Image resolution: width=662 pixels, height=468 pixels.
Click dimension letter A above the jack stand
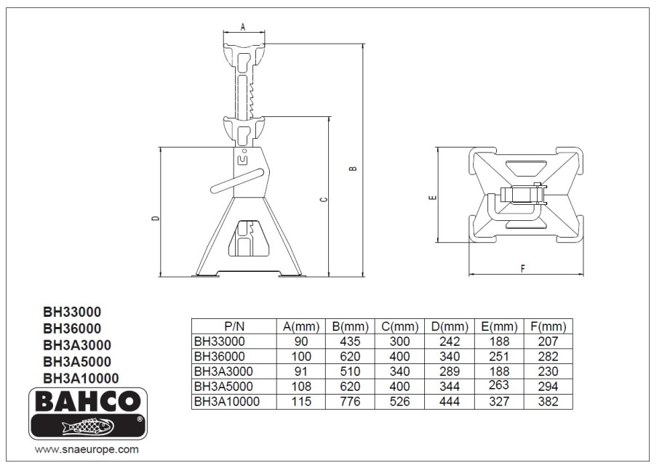pos(243,27)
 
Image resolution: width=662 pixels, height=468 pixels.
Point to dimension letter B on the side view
pos(354,168)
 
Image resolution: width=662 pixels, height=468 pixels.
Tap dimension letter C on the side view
pos(324,199)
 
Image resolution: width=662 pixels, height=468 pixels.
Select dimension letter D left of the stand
pos(156,218)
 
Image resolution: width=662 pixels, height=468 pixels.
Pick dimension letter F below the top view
pos(522,269)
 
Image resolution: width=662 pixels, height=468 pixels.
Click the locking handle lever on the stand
pos(238,181)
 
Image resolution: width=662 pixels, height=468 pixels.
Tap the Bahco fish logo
pos(88,427)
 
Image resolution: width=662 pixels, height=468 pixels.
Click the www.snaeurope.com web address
pos(87,449)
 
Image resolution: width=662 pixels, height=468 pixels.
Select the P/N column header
pos(234,326)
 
